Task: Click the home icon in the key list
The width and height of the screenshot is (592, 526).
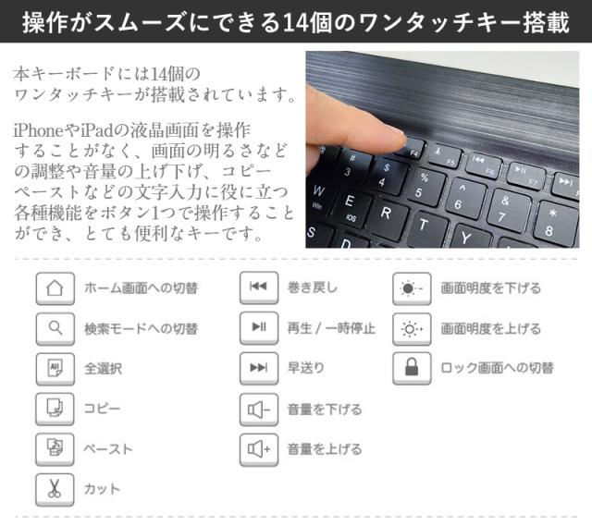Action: point(54,287)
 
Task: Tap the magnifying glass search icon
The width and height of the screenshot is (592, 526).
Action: point(54,328)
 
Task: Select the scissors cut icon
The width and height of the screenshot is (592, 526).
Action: point(54,489)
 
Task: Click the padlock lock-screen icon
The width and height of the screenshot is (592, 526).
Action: point(411,368)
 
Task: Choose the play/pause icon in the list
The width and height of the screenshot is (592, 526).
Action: point(258,328)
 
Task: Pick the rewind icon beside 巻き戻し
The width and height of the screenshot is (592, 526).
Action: point(258,287)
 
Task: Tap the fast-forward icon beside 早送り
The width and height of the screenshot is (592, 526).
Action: point(258,368)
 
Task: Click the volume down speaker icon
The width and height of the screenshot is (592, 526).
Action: point(258,409)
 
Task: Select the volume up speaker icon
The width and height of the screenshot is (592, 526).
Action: point(258,449)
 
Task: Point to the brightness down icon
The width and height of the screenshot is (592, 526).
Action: point(411,287)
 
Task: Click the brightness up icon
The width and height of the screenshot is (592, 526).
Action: point(411,328)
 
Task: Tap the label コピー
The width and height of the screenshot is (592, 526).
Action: point(102,409)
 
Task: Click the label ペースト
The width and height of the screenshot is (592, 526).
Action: point(108,449)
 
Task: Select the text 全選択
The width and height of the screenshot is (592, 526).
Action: point(103,368)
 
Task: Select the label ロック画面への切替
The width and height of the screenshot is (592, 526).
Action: point(497,368)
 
